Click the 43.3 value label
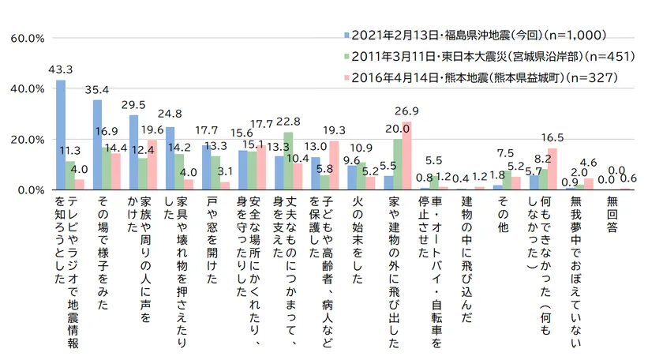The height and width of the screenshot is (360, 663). tap(60, 69)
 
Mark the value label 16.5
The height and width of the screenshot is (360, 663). tap(553, 137)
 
